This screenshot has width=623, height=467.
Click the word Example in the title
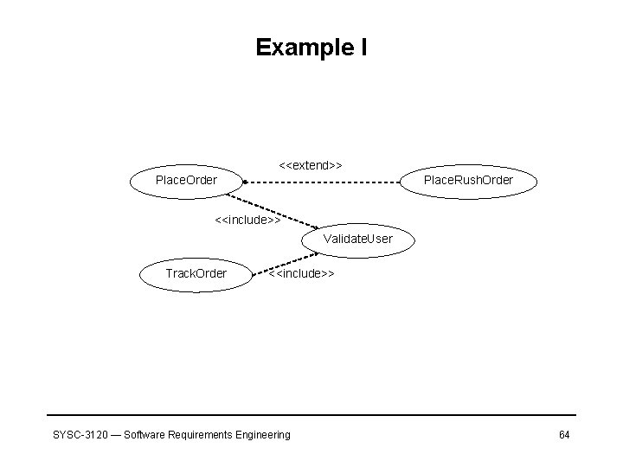point(302,48)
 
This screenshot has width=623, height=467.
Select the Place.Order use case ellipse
point(185,181)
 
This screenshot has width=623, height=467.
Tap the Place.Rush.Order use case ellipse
point(468,181)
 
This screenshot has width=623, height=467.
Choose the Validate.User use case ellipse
point(357,239)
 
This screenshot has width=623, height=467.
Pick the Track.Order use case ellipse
point(196,274)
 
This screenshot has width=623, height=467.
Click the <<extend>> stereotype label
point(311,164)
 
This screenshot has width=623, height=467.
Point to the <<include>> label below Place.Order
point(247,221)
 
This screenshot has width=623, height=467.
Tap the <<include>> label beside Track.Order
point(301,274)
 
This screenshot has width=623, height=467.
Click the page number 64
point(563,434)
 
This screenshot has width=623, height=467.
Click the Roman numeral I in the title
point(363,48)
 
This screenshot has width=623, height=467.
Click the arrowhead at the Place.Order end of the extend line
point(246,182)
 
